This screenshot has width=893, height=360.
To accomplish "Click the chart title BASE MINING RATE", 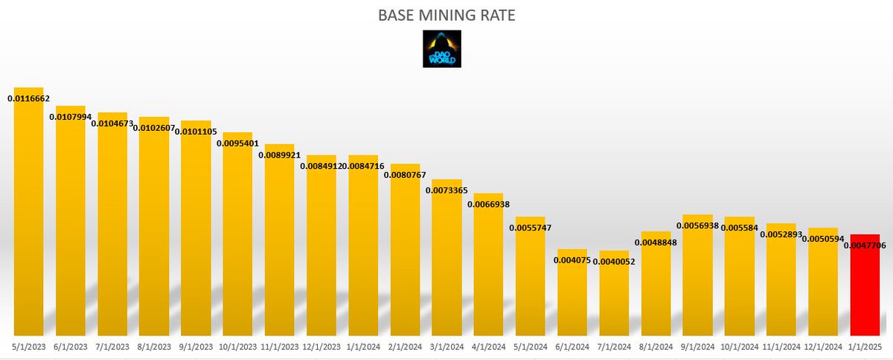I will click(446, 14).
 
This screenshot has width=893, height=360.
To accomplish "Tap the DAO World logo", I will click(441, 49).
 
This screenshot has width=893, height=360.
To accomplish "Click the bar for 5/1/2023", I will click(29, 216).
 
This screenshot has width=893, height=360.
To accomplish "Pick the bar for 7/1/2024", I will click(614, 298).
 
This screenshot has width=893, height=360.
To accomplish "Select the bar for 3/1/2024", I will click(446, 260).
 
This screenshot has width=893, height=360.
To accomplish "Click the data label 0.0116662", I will click(29, 98).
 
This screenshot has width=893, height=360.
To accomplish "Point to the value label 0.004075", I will click(572, 260).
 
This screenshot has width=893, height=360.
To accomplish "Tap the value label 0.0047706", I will click(864, 245).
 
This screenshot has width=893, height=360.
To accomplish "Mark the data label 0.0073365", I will click(446, 190).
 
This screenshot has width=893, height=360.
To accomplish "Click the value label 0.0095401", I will click(237, 144).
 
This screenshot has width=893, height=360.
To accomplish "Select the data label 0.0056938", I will click(697, 225).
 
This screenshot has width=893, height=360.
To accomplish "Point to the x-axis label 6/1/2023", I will click(71, 347).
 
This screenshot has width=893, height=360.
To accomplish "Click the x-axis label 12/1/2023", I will click(321, 347).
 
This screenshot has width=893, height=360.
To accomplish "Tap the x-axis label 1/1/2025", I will click(864, 347).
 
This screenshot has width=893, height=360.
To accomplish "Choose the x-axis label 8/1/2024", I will click(656, 347).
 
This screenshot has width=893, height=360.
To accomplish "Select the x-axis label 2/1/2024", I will click(405, 347).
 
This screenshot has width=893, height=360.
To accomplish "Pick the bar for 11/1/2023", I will click(280, 245).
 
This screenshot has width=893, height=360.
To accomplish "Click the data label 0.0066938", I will click(488, 205).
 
